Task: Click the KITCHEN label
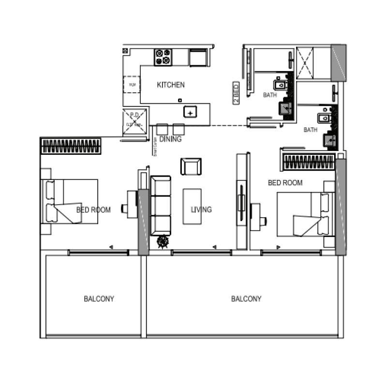coord(171,85)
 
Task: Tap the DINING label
coord(170,139)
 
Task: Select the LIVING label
coord(201,209)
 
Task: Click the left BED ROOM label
coord(93,210)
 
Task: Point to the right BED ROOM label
coord(285,182)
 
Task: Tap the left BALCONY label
coord(99,299)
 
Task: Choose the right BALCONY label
coord(246,299)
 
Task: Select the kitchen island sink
coord(191,112)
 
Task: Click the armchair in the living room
coord(191,166)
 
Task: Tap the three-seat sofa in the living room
coord(161,206)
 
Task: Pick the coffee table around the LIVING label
coord(192,206)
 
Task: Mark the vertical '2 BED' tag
coord(236,93)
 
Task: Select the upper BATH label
coord(270,95)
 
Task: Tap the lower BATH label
coord(311,130)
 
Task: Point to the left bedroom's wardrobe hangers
coord(71,147)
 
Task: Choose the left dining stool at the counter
coord(162,129)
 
